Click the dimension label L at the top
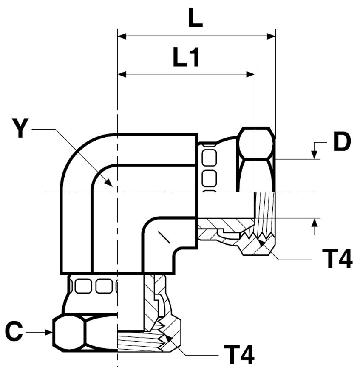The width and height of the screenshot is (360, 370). [x=195, y=18]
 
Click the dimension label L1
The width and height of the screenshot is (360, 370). [x=186, y=57]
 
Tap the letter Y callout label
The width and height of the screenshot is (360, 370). [x=20, y=128]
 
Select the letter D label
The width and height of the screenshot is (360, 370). [x=342, y=141]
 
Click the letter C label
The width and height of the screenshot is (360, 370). [x=14, y=331]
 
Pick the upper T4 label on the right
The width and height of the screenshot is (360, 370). [x=337, y=259]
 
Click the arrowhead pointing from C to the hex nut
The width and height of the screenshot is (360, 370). [x=48, y=332]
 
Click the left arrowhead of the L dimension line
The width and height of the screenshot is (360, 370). [x=122, y=37]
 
